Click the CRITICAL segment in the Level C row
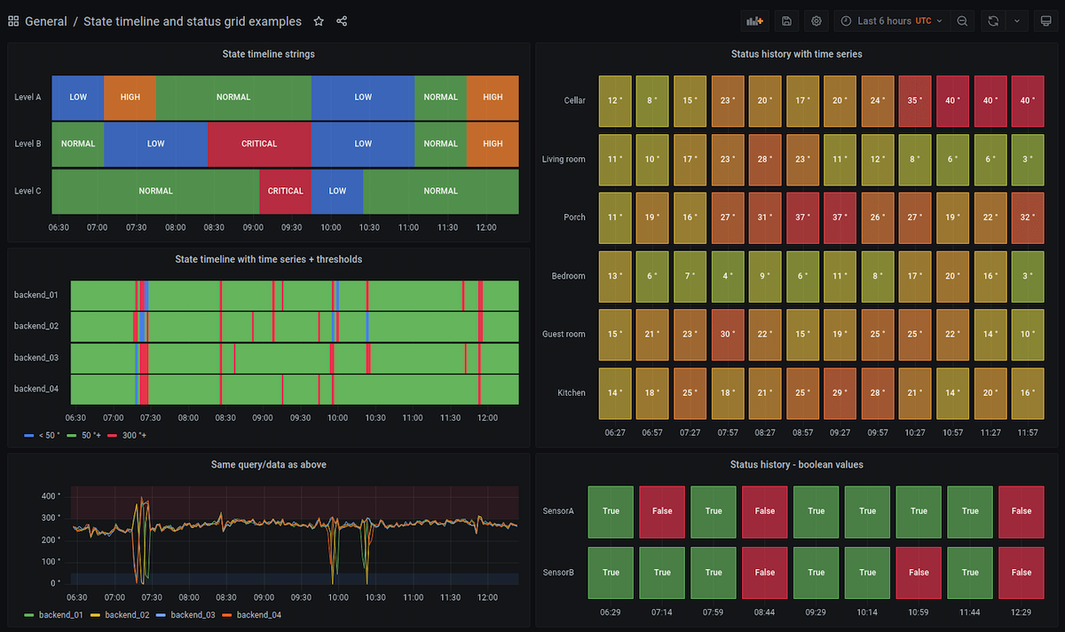(x=285, y=191)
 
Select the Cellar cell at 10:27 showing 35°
(x=915, y=100)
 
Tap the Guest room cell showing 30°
(x=727, y=334)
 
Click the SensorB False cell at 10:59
(x=919, y=573)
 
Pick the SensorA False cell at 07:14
(x=662, y=511)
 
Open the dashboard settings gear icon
(x=816, y=21)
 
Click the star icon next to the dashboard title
(x=319, y=21)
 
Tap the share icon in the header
(x=342, y=21)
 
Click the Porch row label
(x=574, y=217)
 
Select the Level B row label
(x=28, y=144)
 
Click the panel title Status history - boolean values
(x=796, y=464)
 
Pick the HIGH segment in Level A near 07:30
(x=130, y=97)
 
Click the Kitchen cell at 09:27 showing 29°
(x=840, y=392)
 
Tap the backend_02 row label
(x=36, y=326)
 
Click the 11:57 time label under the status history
(x=1027, y=432)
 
